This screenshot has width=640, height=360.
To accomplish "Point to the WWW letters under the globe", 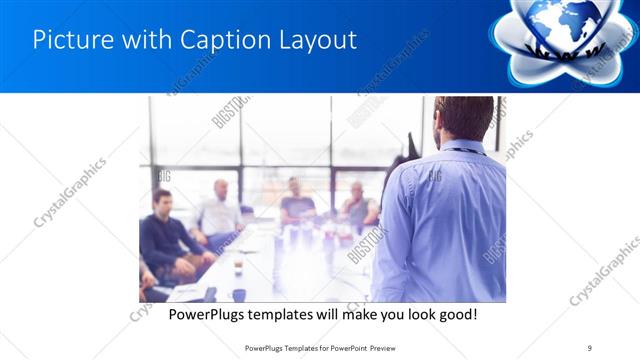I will pyautogui.click(x=565, y=50).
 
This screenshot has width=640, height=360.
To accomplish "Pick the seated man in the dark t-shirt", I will pyautogui.click(x=297, y=203).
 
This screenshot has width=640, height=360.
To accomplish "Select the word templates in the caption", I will pyautogui.click(x=279, y=314).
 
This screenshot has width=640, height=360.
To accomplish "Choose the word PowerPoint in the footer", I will pyautogui.click(x=344, y=347).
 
